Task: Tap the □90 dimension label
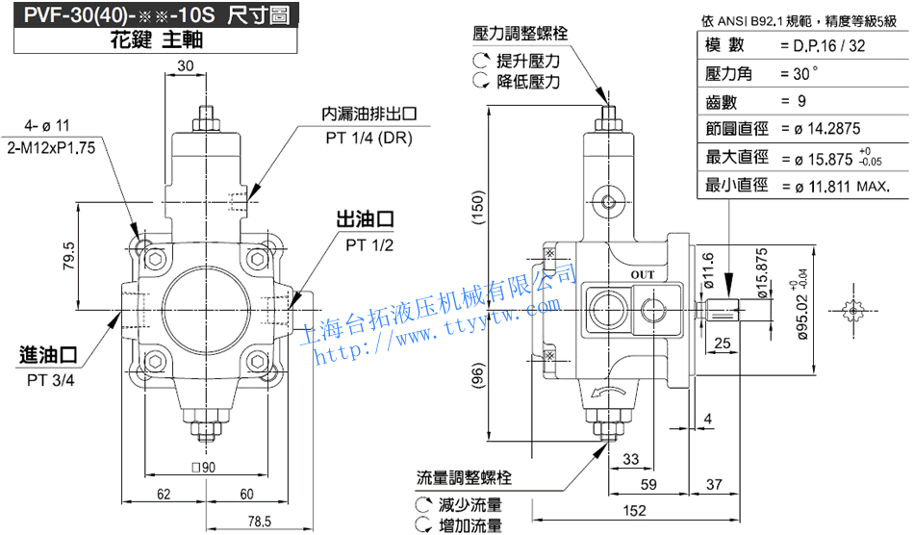point(203,468)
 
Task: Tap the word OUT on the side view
point(642,273)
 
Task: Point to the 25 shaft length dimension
point(724,344)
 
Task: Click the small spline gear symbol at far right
point(853,311)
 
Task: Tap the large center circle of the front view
point(204,310)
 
